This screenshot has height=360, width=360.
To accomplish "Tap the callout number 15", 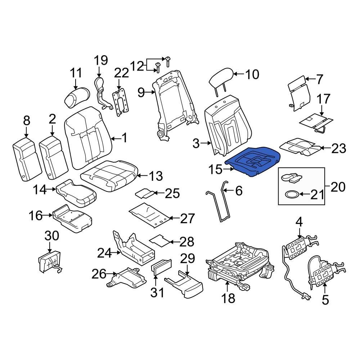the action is click(216, 170).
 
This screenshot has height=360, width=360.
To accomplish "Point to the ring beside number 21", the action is click(292, 194).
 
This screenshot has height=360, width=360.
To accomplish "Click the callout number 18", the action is click(228, 298).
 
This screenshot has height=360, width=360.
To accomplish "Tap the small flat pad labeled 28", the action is click(160, 241).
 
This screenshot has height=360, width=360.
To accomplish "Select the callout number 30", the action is click(51, 236).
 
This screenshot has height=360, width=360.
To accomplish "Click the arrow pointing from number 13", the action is click(142, 176).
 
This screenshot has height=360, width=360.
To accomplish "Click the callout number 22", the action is click(121, 73).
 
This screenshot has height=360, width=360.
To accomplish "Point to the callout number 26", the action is click(99, 274).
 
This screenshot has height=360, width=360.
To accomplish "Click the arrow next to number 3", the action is click(206, 143).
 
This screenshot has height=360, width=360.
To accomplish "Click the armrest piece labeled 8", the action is click(27, 159).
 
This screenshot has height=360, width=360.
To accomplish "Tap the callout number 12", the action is click(137, 66).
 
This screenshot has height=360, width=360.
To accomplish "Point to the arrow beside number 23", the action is click(325, 148).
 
